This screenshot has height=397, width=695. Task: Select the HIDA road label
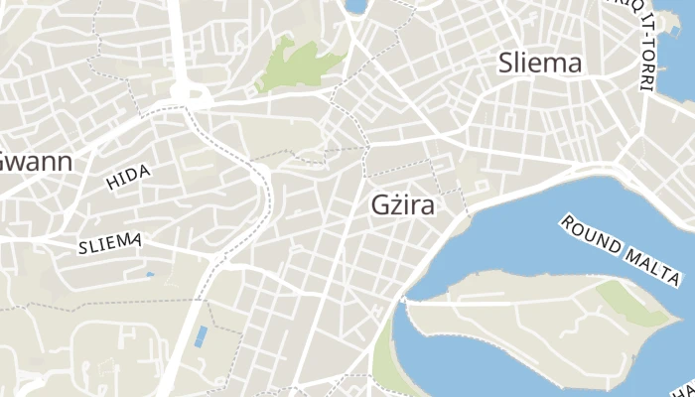[128, 177]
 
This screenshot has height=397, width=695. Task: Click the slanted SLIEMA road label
[110, 243]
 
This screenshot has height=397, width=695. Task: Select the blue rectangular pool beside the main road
[202, 335]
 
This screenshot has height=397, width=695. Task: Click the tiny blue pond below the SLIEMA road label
[150, 275]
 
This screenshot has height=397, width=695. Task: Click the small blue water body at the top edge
[355, 6]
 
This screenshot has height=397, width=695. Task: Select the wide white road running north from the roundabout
[177, 40]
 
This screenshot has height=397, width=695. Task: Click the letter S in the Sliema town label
[505, 64]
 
